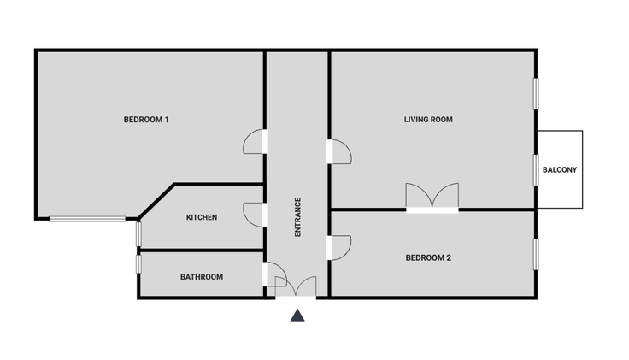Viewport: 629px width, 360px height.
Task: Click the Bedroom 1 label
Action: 146,120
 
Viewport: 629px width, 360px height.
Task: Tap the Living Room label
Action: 428,120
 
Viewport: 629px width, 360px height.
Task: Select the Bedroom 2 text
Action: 428,257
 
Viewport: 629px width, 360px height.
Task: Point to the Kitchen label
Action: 202,217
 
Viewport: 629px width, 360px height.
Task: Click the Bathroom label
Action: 202,277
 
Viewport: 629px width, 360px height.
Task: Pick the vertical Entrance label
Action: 297,216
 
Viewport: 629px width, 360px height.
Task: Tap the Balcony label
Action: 560,170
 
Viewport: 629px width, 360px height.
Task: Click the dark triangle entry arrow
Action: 297,316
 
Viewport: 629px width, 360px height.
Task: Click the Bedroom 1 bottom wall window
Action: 87,219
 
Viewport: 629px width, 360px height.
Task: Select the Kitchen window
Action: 138,234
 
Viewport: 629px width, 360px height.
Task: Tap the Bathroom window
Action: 138,264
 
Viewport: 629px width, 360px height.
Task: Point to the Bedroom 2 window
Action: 536,255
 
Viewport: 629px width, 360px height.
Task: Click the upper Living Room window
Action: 536,93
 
